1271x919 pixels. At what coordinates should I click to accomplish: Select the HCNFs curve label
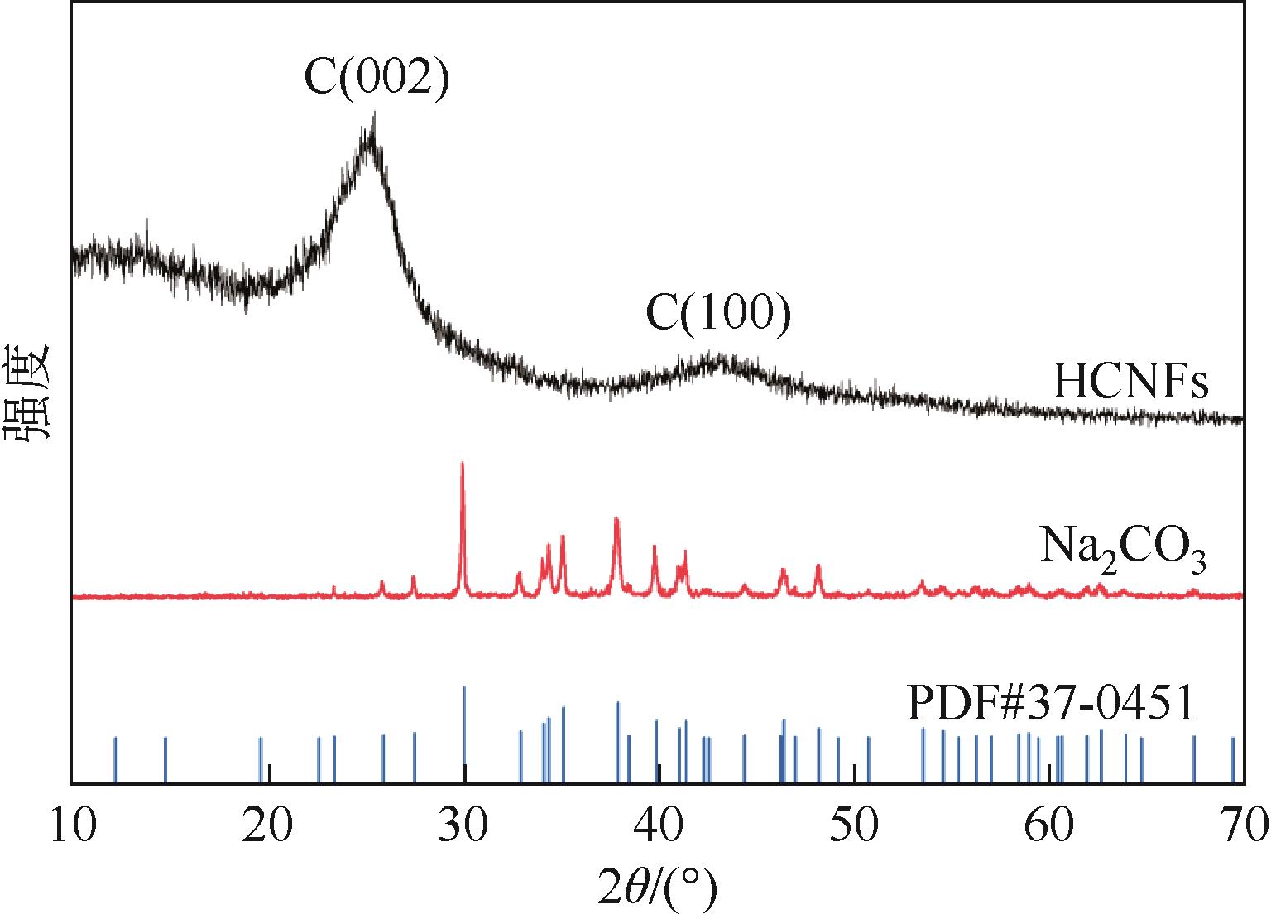click(1130, 383)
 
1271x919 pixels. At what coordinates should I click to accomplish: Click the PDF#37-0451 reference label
click(1051, 704)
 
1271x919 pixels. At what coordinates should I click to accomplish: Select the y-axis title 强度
click(28, 394)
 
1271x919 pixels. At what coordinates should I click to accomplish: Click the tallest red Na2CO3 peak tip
click(462, 464)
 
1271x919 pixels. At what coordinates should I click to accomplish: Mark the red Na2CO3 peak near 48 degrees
click(818, 566)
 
